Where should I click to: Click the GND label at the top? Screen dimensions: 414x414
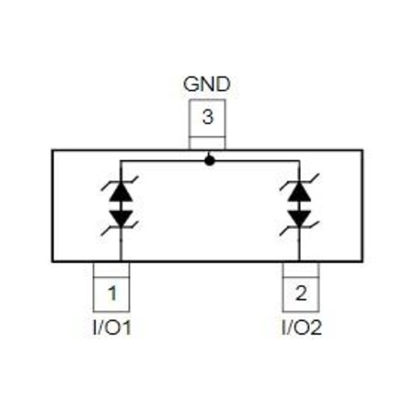[207, 84]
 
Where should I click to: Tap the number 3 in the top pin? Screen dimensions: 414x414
[208, 117]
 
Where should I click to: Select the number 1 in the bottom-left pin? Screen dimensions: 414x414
[112, 293]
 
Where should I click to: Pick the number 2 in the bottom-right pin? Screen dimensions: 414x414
[301, 293]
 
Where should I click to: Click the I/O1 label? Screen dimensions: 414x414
[112, 328]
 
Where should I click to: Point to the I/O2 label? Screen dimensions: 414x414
[302, 328]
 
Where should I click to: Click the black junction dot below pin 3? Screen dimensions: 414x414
[210, 161]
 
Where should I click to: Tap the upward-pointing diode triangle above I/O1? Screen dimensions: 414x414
[121, 191]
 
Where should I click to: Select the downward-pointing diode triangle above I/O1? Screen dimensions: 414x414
[121, 218]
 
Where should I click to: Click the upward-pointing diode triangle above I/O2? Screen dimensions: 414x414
[300, 191]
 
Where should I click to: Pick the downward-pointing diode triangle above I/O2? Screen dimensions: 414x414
[300, 218]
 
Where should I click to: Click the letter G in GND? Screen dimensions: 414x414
[190, 84]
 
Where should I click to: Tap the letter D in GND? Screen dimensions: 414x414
[224, 84]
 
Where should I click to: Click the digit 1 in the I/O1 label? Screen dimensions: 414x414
[126, 328]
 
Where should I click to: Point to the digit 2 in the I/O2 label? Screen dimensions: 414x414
[316, 328]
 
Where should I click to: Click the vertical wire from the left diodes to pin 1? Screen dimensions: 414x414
[121, 244]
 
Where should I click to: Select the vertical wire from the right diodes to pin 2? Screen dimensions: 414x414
[300, 244]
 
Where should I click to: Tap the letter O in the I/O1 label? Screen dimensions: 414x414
[113, 328]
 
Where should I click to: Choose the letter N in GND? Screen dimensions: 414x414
[208, 84]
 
